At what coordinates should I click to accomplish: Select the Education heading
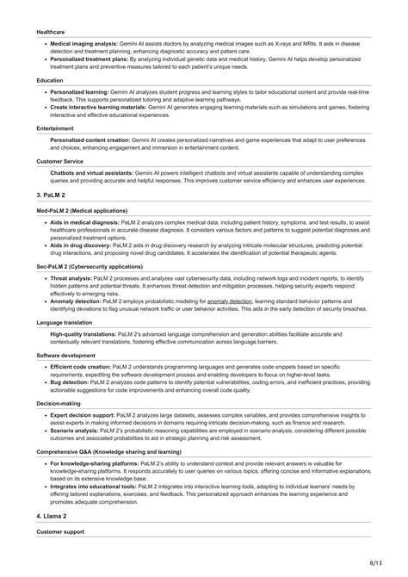(x=50, y=80)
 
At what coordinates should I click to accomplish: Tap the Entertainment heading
(x=55, y=128)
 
